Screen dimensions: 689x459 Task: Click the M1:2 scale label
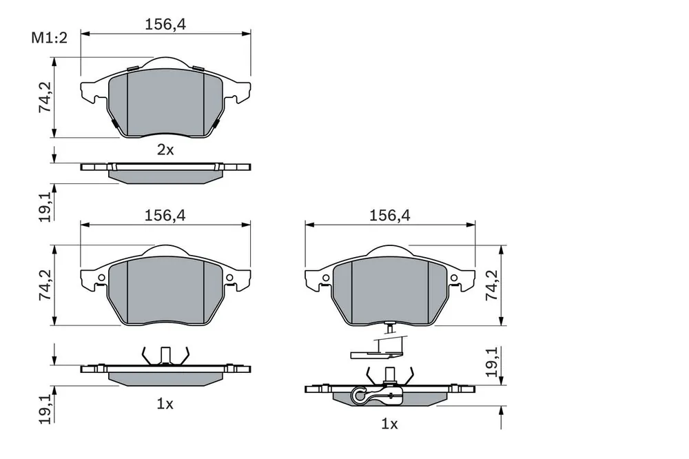pyautogui.click(x=49, y=38)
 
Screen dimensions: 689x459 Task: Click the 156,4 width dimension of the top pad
pyautogui.click(x=165, y=24)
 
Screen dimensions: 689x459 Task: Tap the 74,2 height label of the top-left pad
pyautogui.click(x=45, y=98)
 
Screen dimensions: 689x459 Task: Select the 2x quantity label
pyautogui.click(x=165, y=150)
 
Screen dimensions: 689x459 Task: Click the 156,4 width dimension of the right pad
pyautogui.click(x=389, y=216)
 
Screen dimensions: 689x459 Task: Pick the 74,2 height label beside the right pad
pyautogui.click(x=492, y=285)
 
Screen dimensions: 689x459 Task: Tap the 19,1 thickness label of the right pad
pyautogui.click(x=492, y=362)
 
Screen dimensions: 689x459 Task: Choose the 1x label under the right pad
pyautogui.click(x=389, y=424)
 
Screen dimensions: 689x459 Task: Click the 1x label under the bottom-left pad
pyautogui.click(x=165, y=404)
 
